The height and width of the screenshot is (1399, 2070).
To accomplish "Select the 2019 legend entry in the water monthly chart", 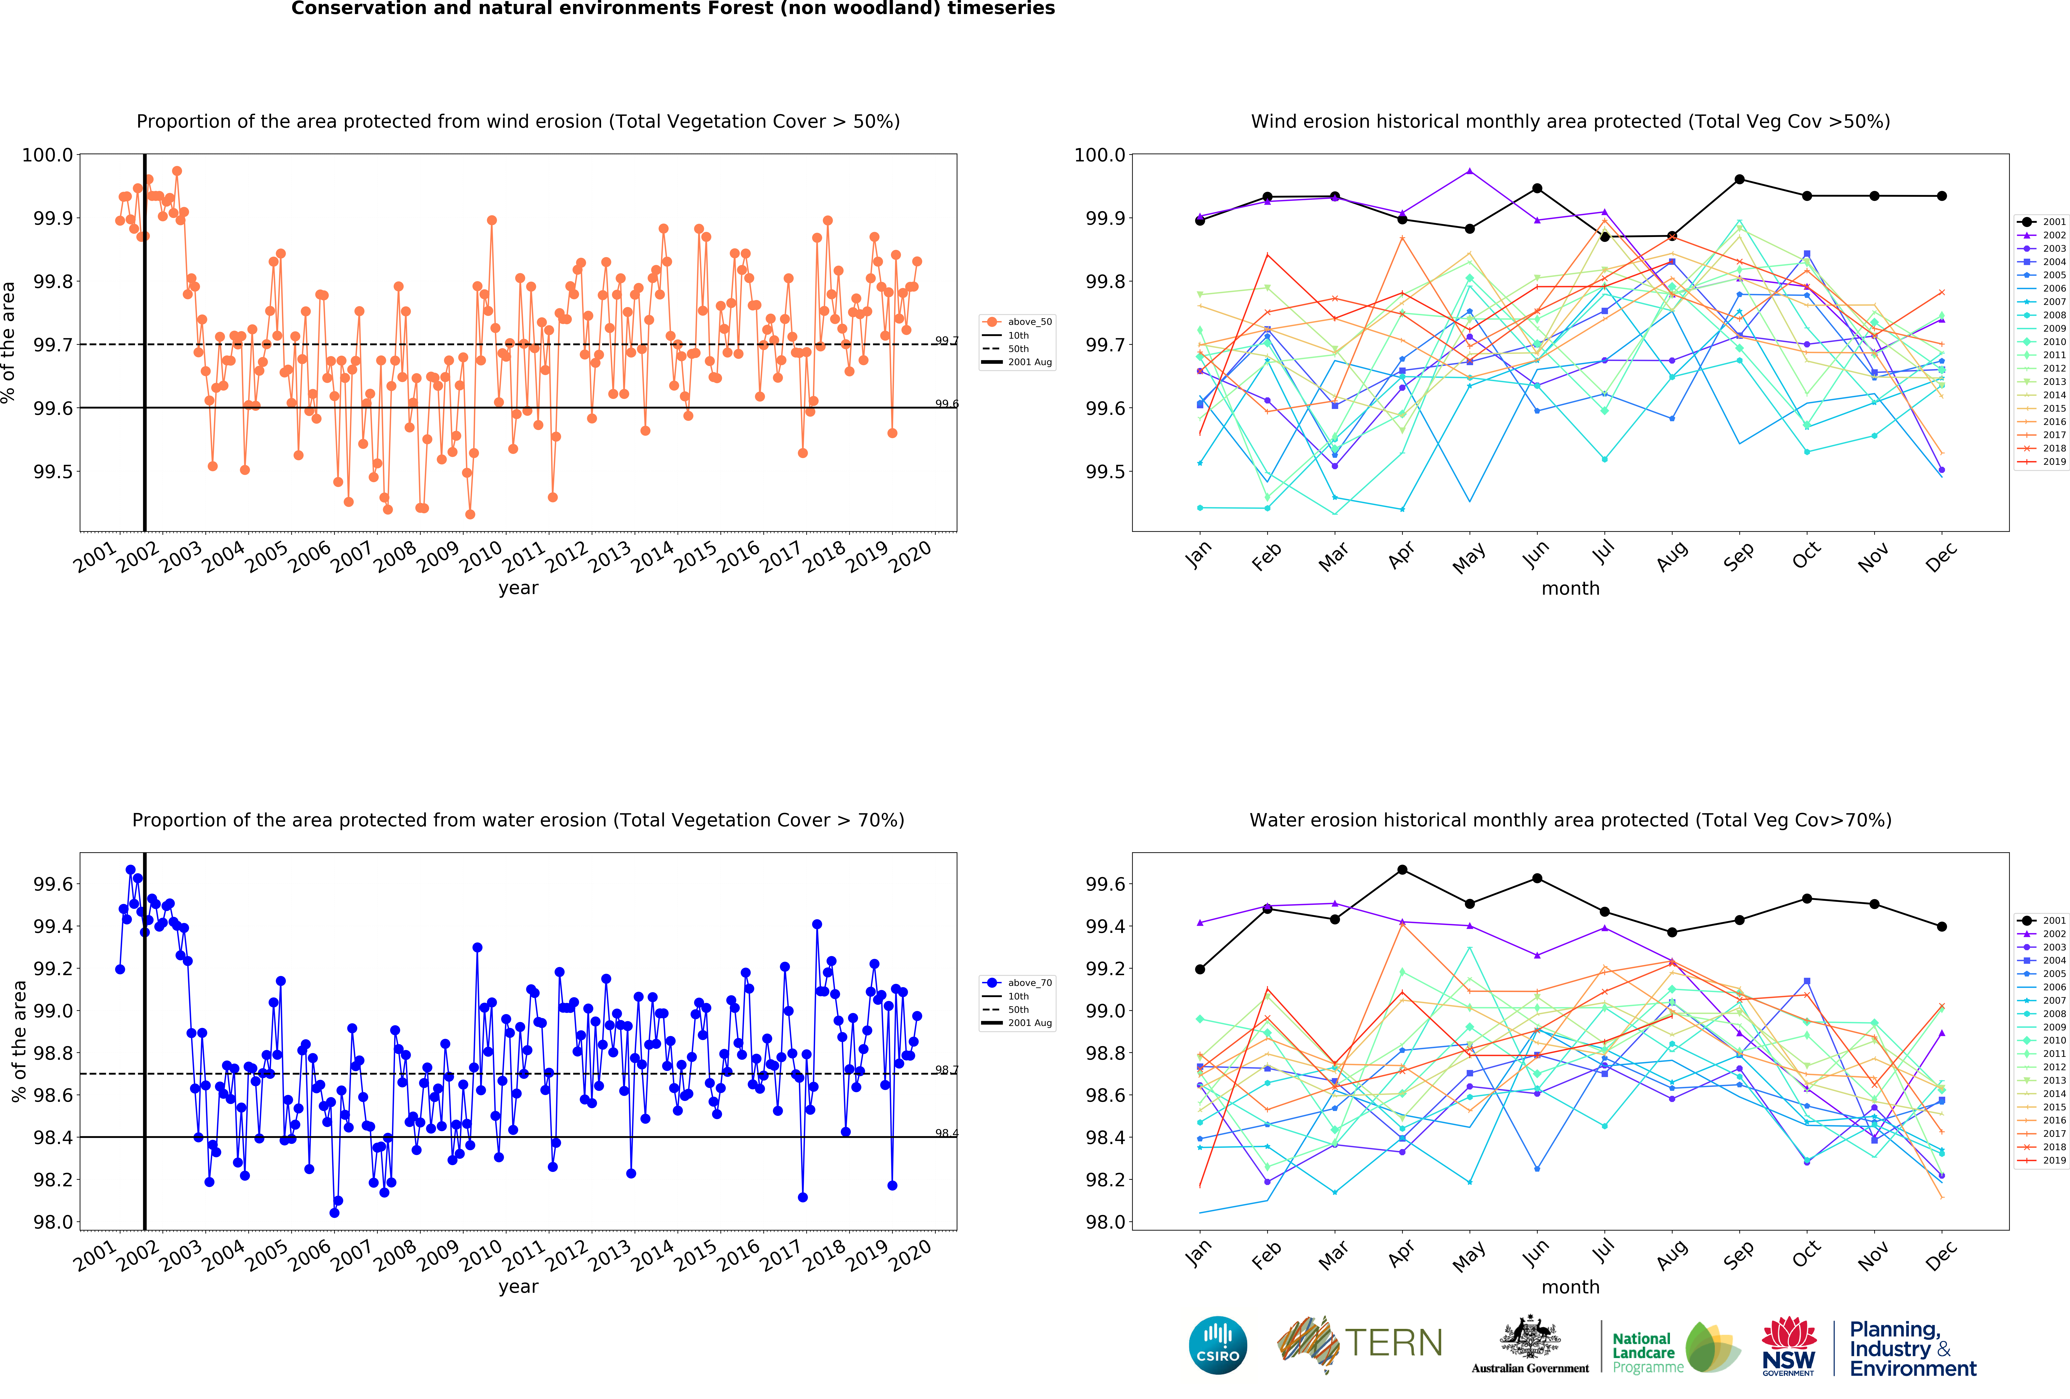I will tap(2043, 1160).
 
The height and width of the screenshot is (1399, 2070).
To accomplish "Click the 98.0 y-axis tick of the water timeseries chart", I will tap(53, 1222).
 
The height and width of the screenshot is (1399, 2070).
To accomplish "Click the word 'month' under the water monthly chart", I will tap(1570, 1287).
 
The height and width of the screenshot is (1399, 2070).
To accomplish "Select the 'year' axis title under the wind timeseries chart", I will tap(518, 588).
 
